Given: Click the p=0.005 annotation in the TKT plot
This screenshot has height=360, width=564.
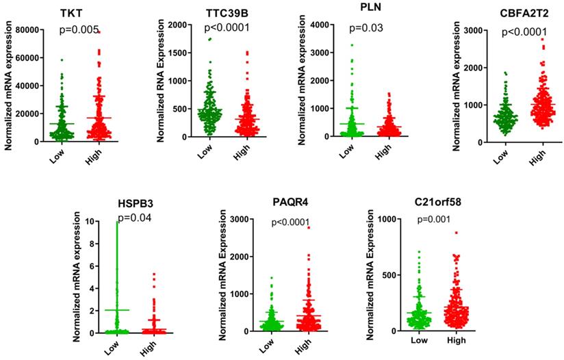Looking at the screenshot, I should (x=80, y=31).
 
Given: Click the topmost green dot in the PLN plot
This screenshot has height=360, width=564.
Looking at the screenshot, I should (x=351, y=45).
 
